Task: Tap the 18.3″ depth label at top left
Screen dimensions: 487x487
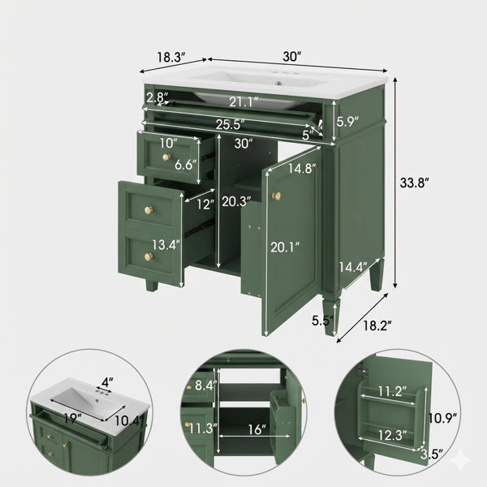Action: pyautogui.click(x=170, y=57)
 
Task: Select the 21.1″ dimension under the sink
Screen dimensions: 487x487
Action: pyautogui.click(x=243, y=102)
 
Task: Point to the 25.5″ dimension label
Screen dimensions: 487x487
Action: pyautogui.click(x=231, y=124)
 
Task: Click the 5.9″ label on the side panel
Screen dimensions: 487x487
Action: pyautogui.click(x=348, y=122)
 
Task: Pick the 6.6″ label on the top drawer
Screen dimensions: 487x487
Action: pyautogui.click(x=186, y=164)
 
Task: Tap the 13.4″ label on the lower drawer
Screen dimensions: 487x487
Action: pyautogui.click(x=166, y=245)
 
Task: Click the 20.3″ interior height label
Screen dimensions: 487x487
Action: pyautogui.click(x=236, y=202)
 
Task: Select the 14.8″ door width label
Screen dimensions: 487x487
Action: pyautogui.click(x=302, y=168)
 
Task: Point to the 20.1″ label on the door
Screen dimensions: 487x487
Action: pyautogui.click(x=285, y=248)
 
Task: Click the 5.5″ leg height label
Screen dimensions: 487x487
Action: pyautogui.click(x=323, y=321)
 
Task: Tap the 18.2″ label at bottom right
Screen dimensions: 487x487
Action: pyautogui.click(x=377, y=325)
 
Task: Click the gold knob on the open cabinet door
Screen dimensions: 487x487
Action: pyautogui.click(x=275, y=196)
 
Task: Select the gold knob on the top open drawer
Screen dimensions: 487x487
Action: pyautogui.click(x=166, y=157)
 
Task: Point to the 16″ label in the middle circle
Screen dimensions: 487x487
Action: pyautogui.click(x=256, y=429)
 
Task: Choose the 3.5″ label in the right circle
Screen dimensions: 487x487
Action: pyautogui.click(x=432, y=455)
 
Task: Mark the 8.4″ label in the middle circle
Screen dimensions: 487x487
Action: pyautogui.click(x=205, y=386)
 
